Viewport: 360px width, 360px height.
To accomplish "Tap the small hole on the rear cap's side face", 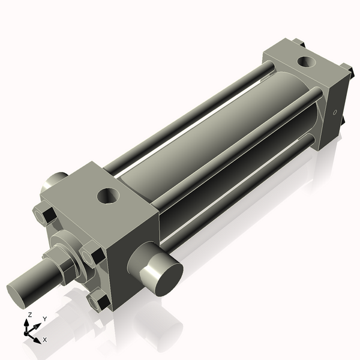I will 335,112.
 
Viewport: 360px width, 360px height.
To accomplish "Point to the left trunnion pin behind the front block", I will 54,181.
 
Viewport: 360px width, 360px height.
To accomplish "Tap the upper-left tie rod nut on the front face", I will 43,214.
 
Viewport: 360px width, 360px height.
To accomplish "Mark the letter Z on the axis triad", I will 29,315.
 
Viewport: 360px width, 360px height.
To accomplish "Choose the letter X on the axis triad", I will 45,340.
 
